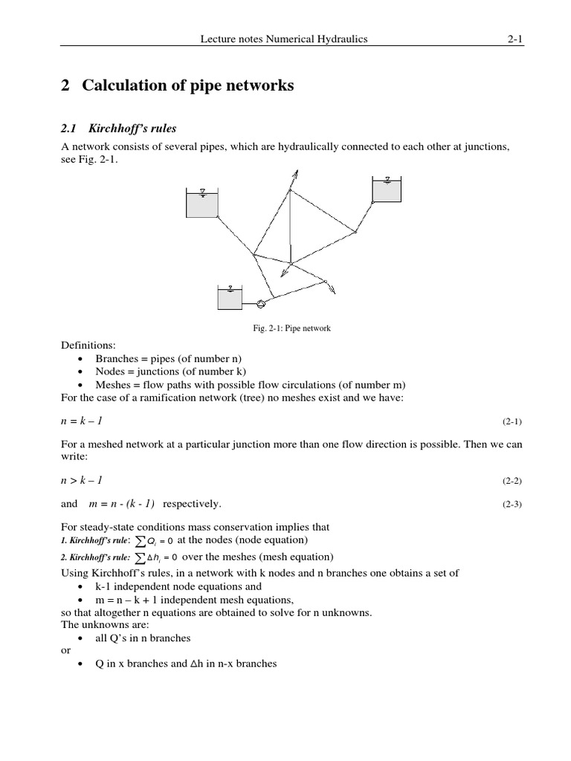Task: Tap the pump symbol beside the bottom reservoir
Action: point(260,303)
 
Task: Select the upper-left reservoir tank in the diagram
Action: point(201,203)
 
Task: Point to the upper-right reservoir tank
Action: point(387,190)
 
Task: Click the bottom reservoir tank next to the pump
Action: point(230,297)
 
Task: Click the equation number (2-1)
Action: point(512,421)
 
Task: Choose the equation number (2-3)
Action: point(512,504)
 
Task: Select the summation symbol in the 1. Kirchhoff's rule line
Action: point(140,540)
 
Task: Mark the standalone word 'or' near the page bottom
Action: point(65,650)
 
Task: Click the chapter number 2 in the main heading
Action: point(65,86)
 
